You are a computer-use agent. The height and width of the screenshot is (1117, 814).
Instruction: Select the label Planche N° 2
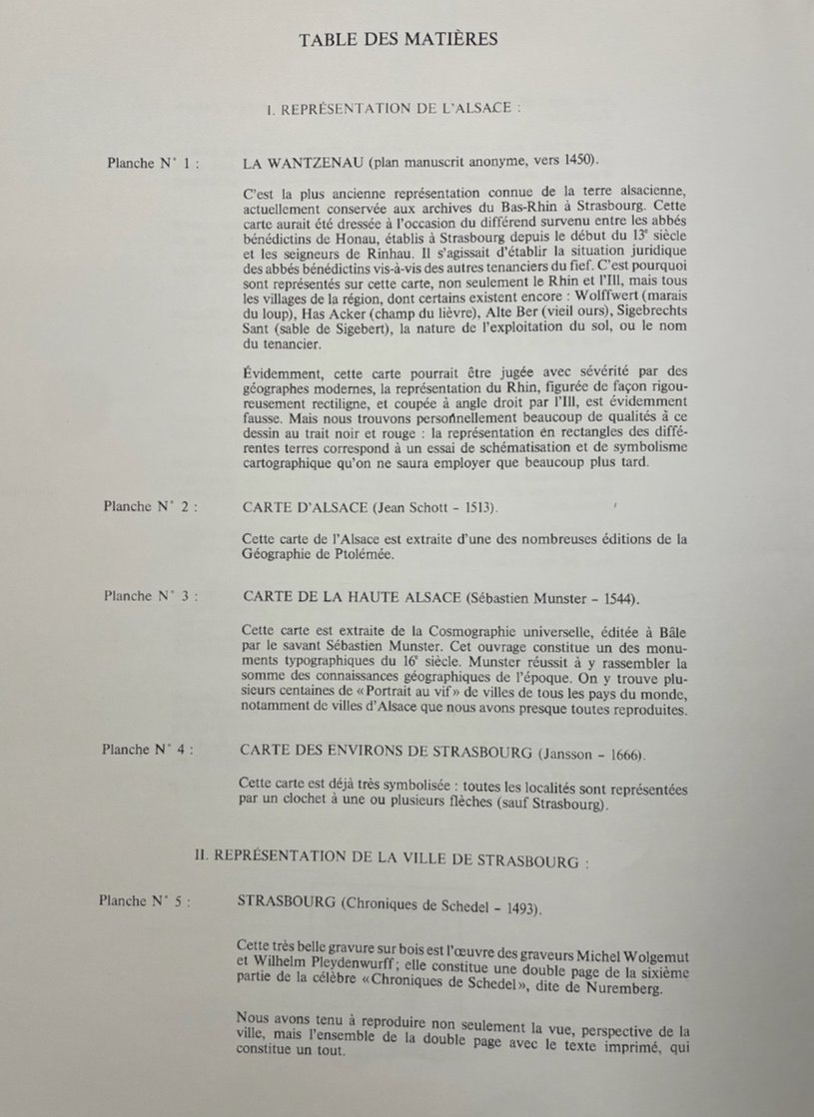150,506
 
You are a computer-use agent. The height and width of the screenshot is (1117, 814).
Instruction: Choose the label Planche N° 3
150,596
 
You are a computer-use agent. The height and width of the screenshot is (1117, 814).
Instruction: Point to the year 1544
613,598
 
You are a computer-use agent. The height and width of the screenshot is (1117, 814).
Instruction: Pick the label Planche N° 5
146,900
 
